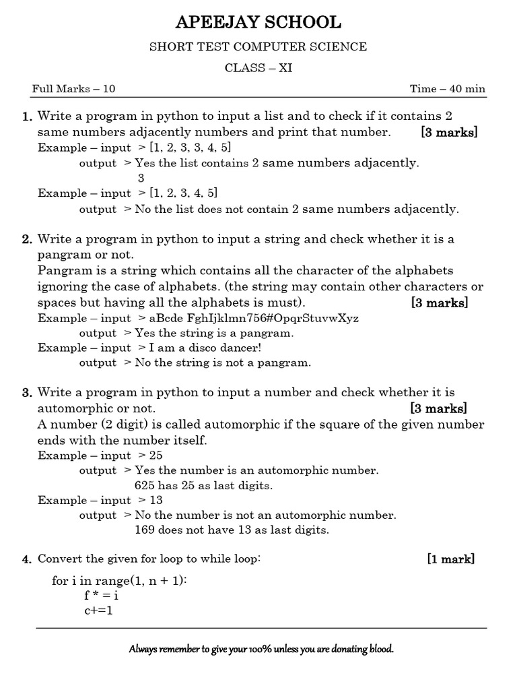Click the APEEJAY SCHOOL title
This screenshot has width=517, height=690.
[x=258, y=23]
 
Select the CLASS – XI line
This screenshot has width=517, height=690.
[x=258, y=68]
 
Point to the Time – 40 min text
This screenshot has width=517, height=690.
[x=448, y=90]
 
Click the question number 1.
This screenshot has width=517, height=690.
[x=27, y=117]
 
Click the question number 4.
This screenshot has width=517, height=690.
[x=27, y=560]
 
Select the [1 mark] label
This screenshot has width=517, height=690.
[x=450, y=559]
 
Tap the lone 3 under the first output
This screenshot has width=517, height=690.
[x=141, y=179]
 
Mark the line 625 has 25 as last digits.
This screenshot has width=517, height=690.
[x=203, y=485]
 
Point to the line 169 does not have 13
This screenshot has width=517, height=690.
[x=232, y=530]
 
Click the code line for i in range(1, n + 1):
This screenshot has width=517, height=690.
[x=119, y=581]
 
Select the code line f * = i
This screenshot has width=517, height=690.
[x=101, y=596]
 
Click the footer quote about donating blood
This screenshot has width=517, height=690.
[x=261, y=650]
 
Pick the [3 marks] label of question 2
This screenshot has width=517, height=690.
[x=439, y=303]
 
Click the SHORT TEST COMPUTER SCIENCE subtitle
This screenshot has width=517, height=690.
[x=258, y=46]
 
